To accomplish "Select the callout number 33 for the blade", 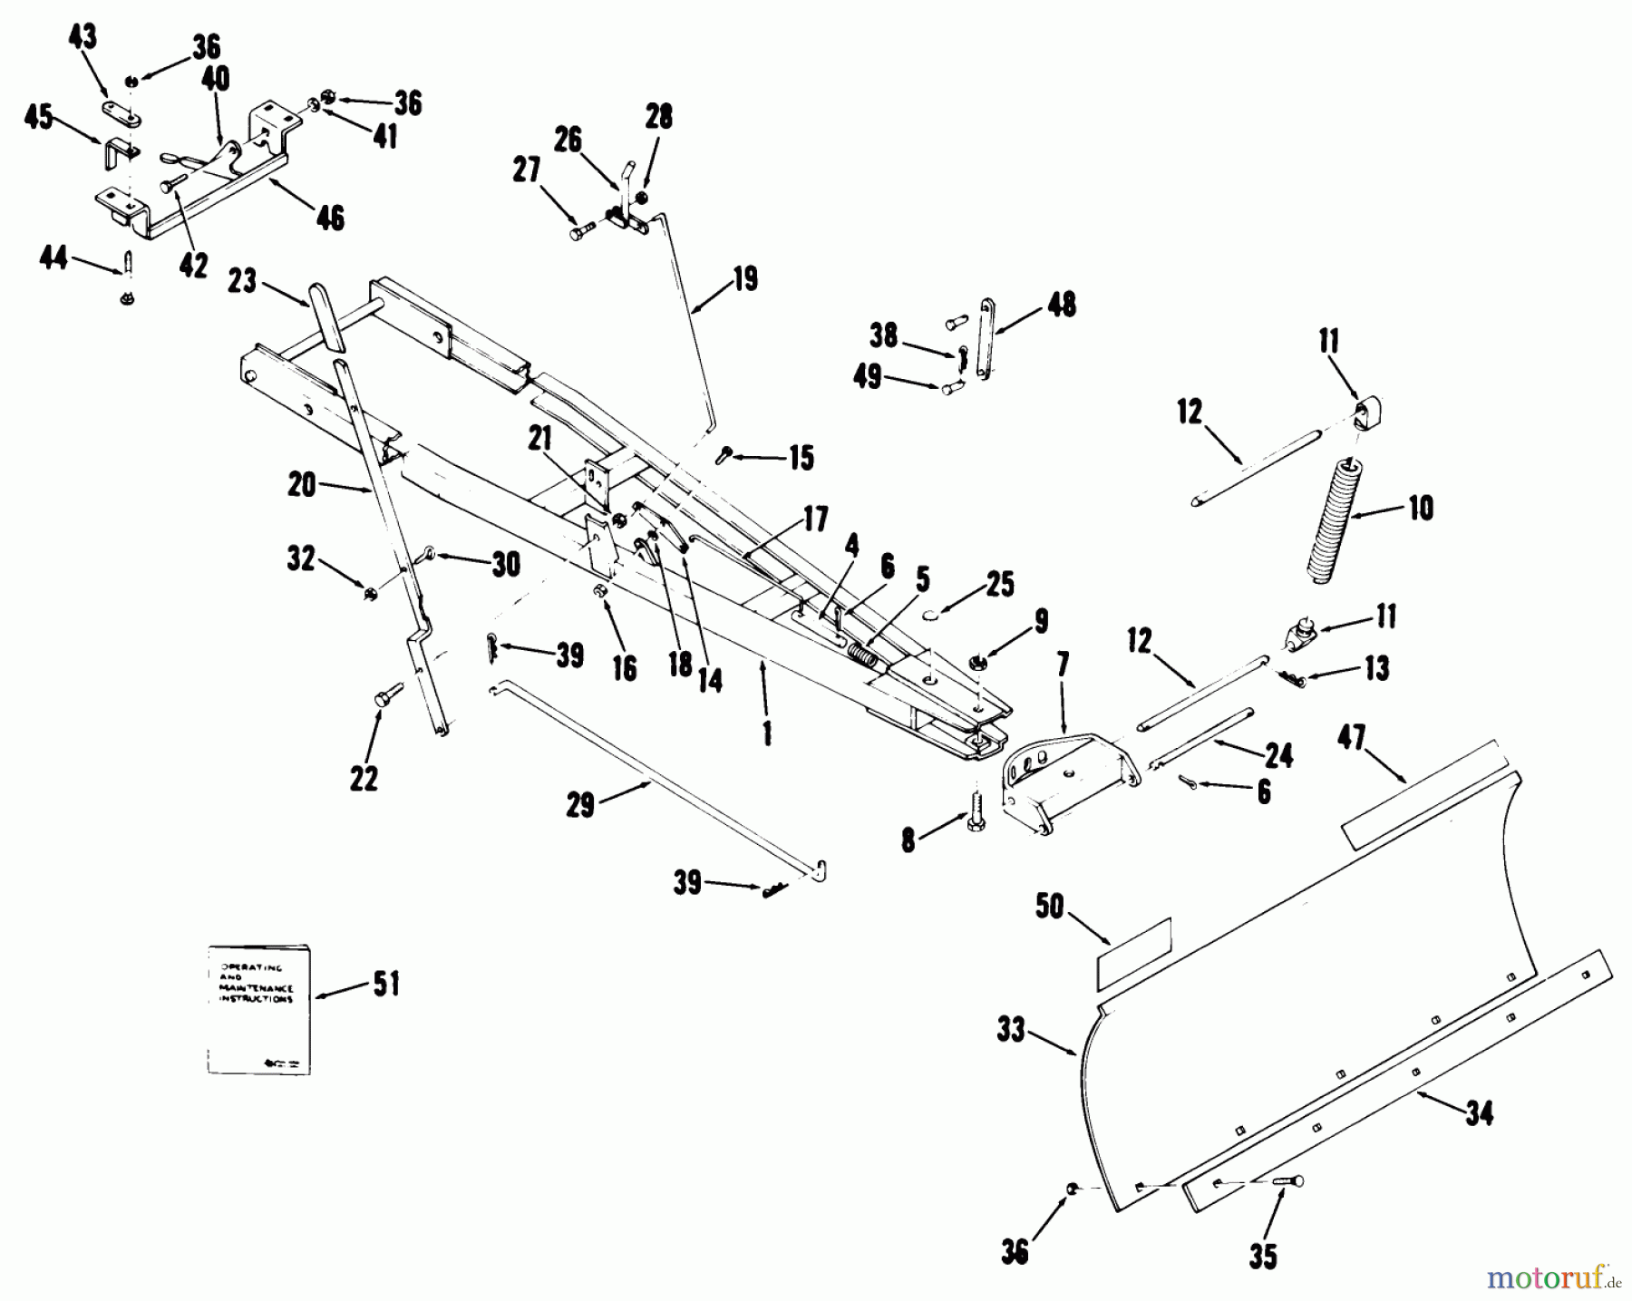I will (x=1010, y=1029).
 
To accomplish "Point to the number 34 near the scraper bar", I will (x=1479, y=1112).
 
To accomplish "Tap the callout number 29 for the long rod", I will (x=579, y=804).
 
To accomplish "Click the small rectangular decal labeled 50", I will (x=1134, y=951).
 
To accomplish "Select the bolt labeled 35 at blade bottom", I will (x=1287, y=1181).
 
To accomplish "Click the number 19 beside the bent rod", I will (x=744, y=278).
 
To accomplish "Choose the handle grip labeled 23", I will (x=326, y=316).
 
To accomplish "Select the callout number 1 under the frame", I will (x=767, y=731).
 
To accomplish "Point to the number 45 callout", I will (x=37, y=118).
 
